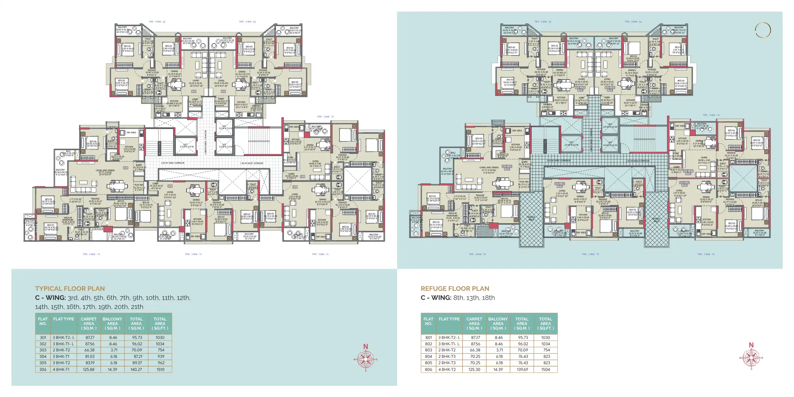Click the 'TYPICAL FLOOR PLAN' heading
pyautogui.click(x=70, y=288)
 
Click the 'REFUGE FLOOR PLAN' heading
pyautogui.click(x=455, y=288)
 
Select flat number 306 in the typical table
pyautogui.click(x=43, y=369)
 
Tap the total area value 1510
pyautogui.click(x=160, y=369)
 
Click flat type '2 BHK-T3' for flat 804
pyautogui.click(x=447, y=357)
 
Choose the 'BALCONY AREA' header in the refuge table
pyautogui.click(x=498, y=323)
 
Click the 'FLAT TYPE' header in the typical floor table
pyautogui.click(x=63, y=319)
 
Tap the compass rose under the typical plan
pyautogui.click(x=366, y=360)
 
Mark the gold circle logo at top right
pyautogui.click(x=763, y=30)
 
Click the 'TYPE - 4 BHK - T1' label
pyautogui.click(x=91, y=254)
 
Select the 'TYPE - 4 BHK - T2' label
pyautogui.click(x=477, y=254)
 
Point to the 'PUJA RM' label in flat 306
pyautogui.click(x=139, y=186)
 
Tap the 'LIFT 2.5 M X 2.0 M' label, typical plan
pyautogui.click(x=186, y=146)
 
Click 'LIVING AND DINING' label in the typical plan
pyautogui.click(x=105, y=171)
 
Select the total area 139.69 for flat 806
pyautogui.click(x=522, y=369)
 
